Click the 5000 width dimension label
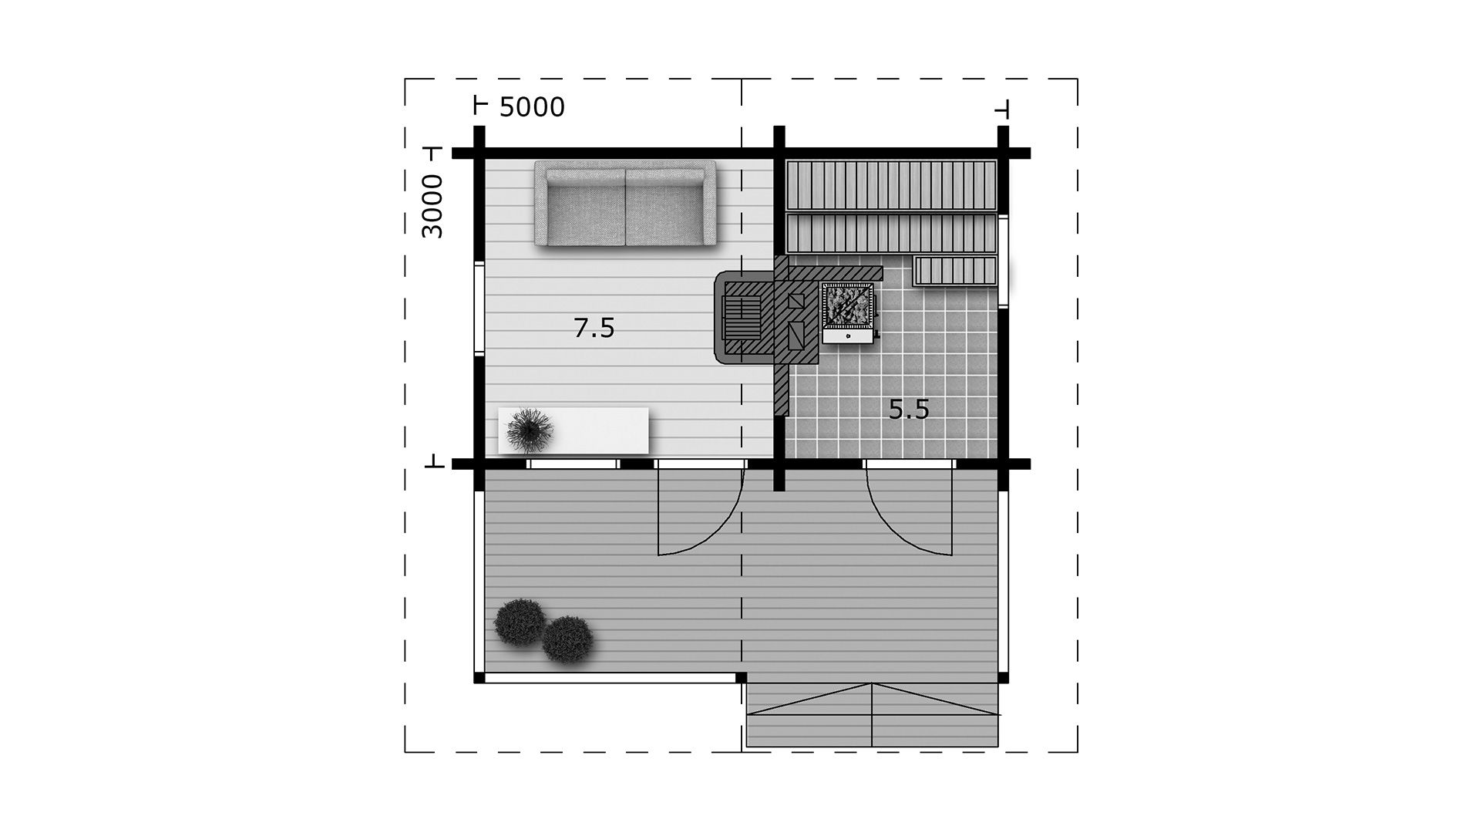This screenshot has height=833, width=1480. tap(532, 107)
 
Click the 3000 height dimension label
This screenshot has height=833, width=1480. tap(433, 206)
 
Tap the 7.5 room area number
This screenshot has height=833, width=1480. tap(594, 328)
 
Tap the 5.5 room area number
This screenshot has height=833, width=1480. tap(909, 410)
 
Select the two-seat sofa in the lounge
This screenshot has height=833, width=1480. tap(625, 204)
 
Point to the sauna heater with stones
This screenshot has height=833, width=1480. tap(849, 312)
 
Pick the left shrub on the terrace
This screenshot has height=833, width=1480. tap(520, 622)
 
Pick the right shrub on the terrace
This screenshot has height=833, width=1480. tap(568, 639)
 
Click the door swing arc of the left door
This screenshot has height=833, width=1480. tap(713, 532)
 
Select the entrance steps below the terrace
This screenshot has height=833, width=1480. tap(873, 715)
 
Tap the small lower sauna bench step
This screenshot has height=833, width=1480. tap(955, 271)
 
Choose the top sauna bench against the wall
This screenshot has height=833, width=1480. tap(891, 185)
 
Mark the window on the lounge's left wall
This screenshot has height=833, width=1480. tap(479, 309)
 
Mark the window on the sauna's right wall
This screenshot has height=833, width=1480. tap(1004, 262)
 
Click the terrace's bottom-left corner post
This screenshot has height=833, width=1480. tap(479, 678)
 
